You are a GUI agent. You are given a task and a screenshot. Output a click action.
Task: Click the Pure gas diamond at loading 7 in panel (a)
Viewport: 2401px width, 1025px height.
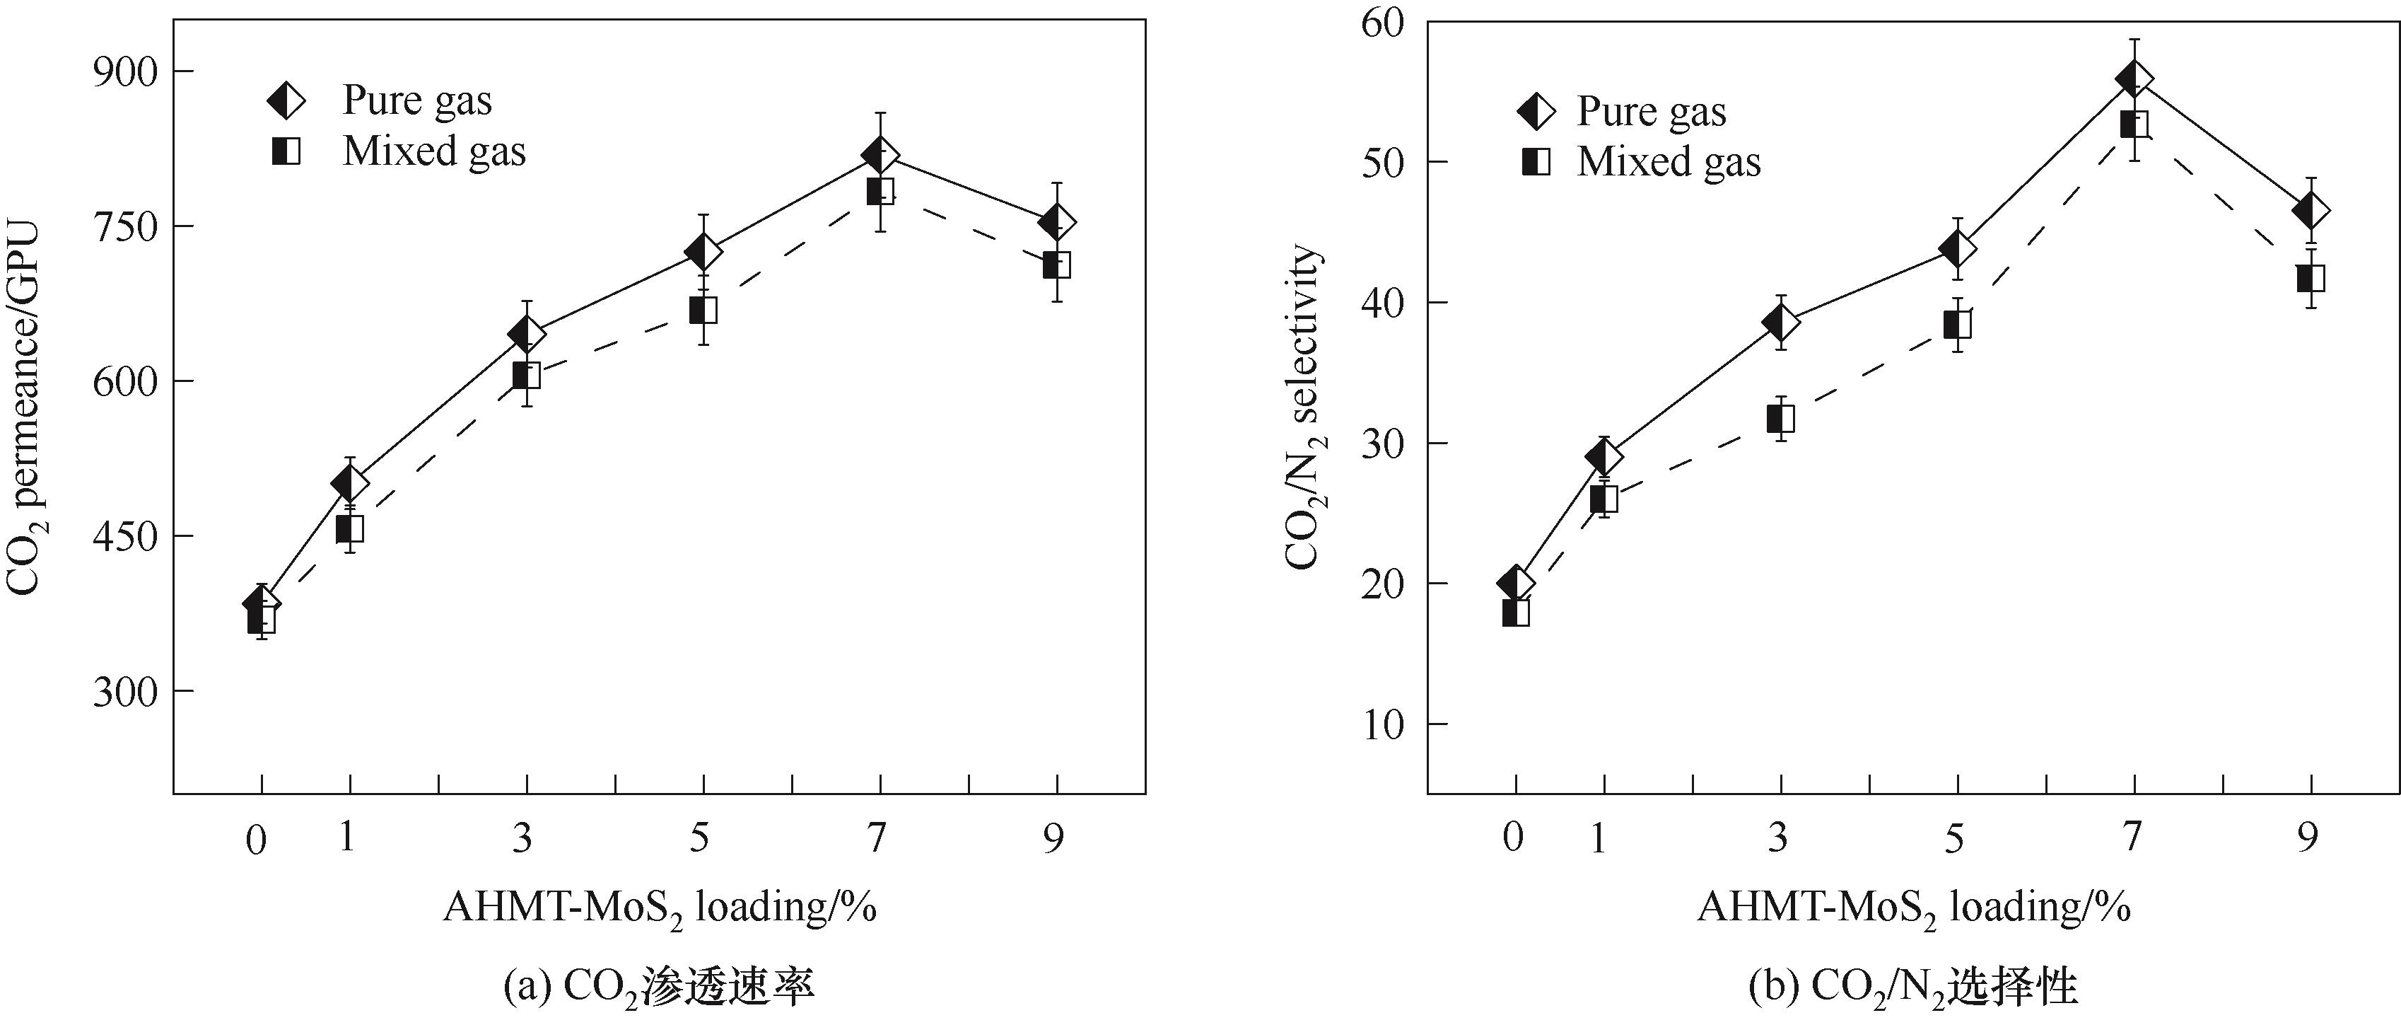pos(880,155)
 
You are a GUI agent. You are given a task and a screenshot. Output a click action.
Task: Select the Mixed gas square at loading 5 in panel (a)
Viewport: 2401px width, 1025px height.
pos(703,311)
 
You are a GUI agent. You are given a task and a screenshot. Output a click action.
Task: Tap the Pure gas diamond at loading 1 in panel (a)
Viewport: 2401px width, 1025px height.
pos(349,482)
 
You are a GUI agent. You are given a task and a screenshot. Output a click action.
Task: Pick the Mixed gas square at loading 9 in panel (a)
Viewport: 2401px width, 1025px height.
pos(1056,265)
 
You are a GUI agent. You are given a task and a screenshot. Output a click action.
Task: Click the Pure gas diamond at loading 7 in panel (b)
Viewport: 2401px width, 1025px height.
pos(2134,79)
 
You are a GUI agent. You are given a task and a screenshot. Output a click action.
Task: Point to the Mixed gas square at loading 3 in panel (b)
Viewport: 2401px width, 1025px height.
pos(1780,419)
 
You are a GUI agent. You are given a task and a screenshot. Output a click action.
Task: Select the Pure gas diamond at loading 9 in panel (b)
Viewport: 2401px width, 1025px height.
pos(2311,211)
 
